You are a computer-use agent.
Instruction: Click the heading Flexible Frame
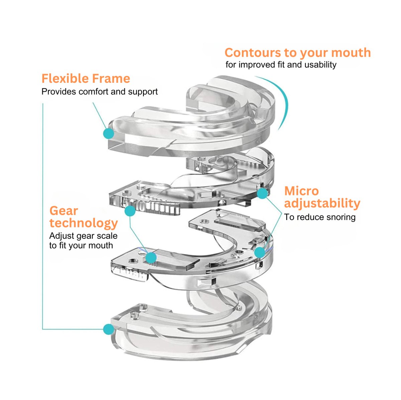pos(86,79)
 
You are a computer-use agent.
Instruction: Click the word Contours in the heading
pos(253,53)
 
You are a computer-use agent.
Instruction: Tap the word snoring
pos(339,217)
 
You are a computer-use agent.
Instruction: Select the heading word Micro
pos(301,191)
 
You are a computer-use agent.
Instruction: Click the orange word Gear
pos(63,211)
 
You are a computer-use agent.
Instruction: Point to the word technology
pos(84,223)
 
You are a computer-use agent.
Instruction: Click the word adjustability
pos(322,203)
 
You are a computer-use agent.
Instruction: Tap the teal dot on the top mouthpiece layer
pos(108,134)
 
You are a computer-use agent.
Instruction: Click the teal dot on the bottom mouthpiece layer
pos(108,329)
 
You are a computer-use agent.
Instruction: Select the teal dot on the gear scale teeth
pos(130,211)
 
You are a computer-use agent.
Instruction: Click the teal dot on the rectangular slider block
pos(151,257)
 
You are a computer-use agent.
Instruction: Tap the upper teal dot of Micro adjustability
pos(262,193)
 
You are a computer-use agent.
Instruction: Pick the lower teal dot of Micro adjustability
pos(259,252)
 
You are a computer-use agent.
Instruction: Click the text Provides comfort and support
pos(99,92)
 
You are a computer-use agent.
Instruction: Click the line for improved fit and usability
pos(281,65)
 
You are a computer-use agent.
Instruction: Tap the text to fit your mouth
pos(81,246)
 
